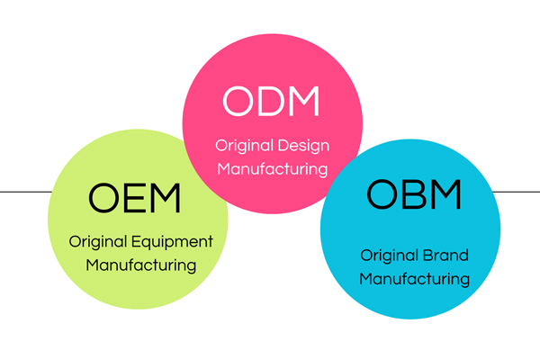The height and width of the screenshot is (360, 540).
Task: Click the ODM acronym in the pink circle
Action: point(271,101)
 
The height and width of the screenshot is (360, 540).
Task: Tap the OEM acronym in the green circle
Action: point(134,198)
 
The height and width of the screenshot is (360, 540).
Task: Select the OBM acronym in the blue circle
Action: point(414,194)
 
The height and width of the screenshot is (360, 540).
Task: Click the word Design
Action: point(303,147)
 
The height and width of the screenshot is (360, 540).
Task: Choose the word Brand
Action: point(445,256)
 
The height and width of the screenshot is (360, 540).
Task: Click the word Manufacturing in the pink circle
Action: point(273,169)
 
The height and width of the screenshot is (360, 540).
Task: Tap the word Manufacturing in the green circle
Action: point(141,265)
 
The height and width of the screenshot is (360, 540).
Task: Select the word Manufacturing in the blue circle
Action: point(414,279)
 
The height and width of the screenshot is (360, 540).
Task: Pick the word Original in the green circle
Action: point(98,242)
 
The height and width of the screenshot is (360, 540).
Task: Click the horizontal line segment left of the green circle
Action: point(26,192)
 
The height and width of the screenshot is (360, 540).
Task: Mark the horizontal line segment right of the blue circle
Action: point(517,192)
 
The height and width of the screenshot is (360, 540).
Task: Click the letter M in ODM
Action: point(304,101)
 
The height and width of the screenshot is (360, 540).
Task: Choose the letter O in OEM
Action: point(103,198)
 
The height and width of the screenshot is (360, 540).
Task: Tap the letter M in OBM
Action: point(445,194)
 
